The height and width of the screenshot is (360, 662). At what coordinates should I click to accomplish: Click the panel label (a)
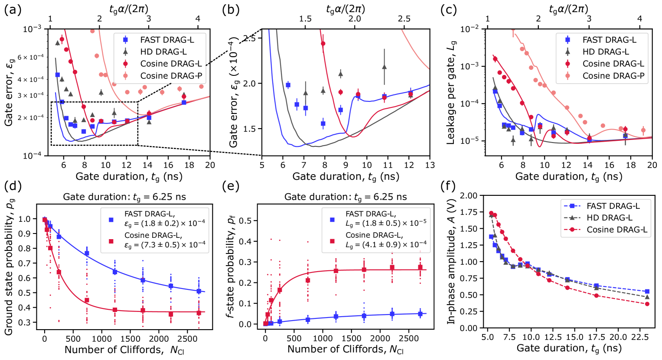[11, 10]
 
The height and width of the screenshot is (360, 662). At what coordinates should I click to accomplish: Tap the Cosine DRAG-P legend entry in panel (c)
[613, 76]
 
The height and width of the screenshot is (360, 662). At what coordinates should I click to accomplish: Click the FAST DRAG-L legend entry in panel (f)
[613, 206]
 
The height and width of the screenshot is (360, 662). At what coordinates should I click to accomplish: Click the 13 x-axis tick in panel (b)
[429, 165]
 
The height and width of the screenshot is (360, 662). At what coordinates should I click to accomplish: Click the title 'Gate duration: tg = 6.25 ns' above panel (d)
[125, 197]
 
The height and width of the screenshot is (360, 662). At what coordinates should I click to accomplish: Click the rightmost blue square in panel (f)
[647, 292]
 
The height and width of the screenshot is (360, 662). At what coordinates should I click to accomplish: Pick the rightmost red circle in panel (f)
[647, 304]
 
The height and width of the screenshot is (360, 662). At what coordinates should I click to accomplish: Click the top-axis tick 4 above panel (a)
[198, 19]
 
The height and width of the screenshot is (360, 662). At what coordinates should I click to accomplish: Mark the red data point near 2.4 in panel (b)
[323, 44]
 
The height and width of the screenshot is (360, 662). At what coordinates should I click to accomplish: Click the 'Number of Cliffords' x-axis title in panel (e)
[346, 349]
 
